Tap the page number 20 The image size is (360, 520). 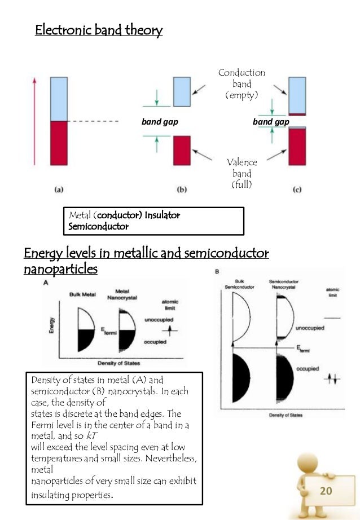point(325,491)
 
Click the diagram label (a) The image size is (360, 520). point(59,190)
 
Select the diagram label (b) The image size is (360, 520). point(182,190)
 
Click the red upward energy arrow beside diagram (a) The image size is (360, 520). point(36,121)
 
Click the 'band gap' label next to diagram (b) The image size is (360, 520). point(155,121)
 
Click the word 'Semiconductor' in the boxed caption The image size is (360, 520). point(98,226)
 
